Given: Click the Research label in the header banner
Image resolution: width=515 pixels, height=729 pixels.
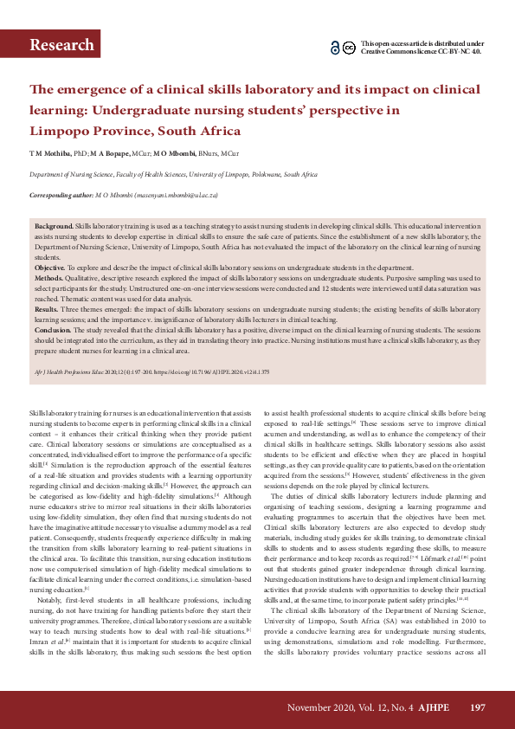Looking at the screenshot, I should pyautogui.click(x=61, y=45).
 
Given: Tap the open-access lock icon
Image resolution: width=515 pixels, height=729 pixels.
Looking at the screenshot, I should pyautogui.click(x=335, y=48).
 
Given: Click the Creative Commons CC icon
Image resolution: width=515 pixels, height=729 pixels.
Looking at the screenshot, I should pyautogui.click(x=348, y=48).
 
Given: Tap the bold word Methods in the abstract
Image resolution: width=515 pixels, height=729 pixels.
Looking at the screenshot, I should pyautogui.click(x=50, y=278).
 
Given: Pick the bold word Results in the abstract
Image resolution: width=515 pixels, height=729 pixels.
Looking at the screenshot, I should pyautogui.click(x=48, y=308).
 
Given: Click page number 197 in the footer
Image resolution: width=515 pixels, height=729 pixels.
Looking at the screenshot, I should pyautogui.click(x=477, y=708).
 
